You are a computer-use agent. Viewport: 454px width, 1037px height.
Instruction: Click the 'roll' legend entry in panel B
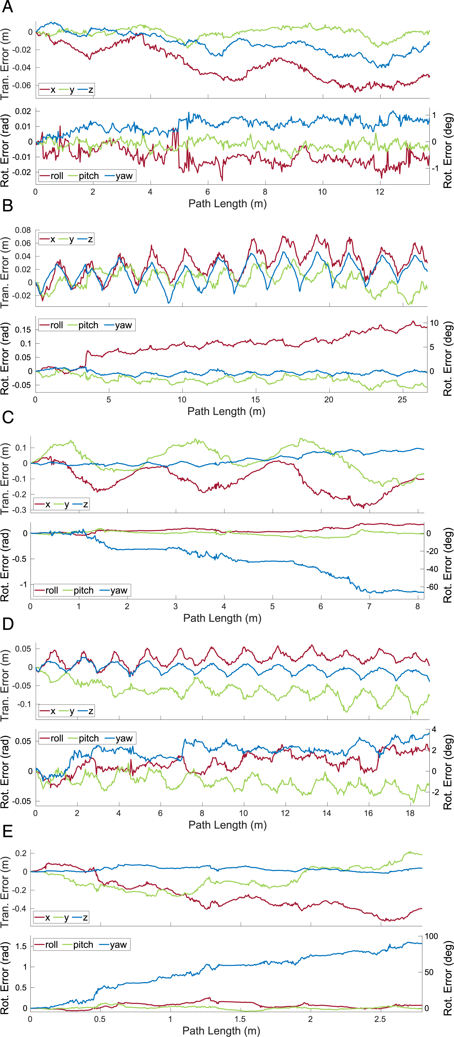point(51,325)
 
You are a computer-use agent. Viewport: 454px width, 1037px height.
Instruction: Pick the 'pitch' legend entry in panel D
point(84,738)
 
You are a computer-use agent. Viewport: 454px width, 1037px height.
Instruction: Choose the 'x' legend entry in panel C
point(43,505)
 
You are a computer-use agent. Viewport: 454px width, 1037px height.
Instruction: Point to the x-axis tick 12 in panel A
point(380,192)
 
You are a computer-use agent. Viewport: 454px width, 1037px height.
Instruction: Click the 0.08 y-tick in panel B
point(23,230)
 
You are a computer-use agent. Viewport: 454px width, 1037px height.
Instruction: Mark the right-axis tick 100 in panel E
point(431,936)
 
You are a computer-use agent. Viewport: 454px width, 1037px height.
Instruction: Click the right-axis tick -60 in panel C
point(432,587)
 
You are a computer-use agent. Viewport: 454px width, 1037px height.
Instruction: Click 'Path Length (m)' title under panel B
point(226,411)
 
